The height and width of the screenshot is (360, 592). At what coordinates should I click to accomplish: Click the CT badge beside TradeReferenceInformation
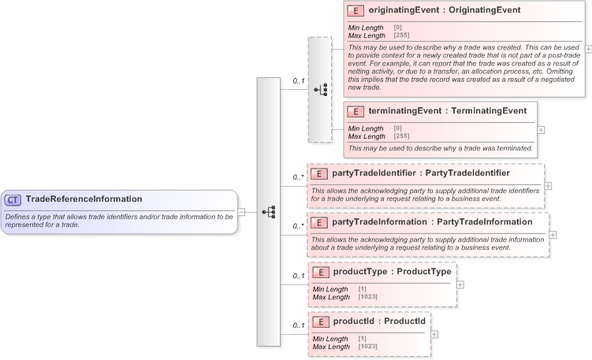14,199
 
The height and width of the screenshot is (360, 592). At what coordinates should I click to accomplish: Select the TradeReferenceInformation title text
84,199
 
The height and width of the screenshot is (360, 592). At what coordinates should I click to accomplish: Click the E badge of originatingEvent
356,10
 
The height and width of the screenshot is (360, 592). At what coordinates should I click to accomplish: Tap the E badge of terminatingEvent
356,111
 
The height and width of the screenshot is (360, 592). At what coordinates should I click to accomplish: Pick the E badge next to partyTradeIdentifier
319,173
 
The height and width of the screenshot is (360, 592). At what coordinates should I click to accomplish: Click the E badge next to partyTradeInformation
319,222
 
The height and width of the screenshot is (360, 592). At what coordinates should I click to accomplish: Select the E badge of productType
321,272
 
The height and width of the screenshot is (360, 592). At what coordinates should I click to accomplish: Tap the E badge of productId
321,321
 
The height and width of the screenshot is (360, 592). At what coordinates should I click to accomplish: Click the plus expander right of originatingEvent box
588,48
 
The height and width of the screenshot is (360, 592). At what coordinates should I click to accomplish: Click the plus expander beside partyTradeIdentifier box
548,186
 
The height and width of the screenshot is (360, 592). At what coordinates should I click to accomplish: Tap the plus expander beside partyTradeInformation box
553,235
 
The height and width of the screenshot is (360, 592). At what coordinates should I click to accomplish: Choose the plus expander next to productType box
460,284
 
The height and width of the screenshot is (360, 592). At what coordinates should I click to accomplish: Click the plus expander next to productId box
434,334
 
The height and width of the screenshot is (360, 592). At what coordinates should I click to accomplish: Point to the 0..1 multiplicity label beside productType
298,276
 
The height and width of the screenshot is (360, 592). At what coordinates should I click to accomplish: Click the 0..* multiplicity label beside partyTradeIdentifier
298,177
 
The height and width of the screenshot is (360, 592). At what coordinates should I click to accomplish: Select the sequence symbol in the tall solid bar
268,212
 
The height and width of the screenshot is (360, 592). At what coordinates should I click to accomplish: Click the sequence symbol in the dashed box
320,89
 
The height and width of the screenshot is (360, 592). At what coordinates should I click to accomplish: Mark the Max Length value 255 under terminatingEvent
400,135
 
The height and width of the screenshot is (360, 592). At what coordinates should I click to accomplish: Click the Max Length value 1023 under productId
367,347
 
